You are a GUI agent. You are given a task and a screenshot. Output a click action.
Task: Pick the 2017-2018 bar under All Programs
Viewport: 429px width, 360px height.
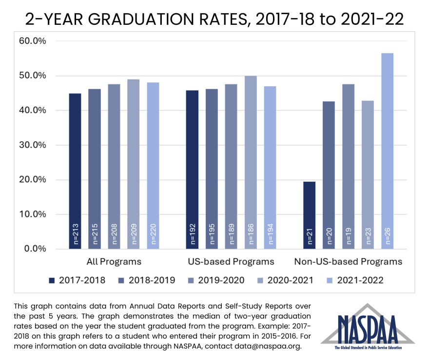pos(75,166)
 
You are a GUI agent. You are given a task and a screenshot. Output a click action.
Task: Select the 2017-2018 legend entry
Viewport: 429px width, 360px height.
pos(78,280)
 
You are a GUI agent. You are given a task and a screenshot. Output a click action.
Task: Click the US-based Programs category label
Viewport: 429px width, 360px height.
pos(231,262)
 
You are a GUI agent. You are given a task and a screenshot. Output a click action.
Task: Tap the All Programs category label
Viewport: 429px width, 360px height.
pos(114,262)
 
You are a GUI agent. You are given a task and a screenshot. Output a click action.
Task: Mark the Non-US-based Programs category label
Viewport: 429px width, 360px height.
pos(348,262)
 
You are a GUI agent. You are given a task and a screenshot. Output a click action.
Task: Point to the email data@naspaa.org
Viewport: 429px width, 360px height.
pos(266,347)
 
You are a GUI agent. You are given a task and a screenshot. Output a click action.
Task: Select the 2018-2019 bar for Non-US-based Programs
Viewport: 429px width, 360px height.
pos(329,175)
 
